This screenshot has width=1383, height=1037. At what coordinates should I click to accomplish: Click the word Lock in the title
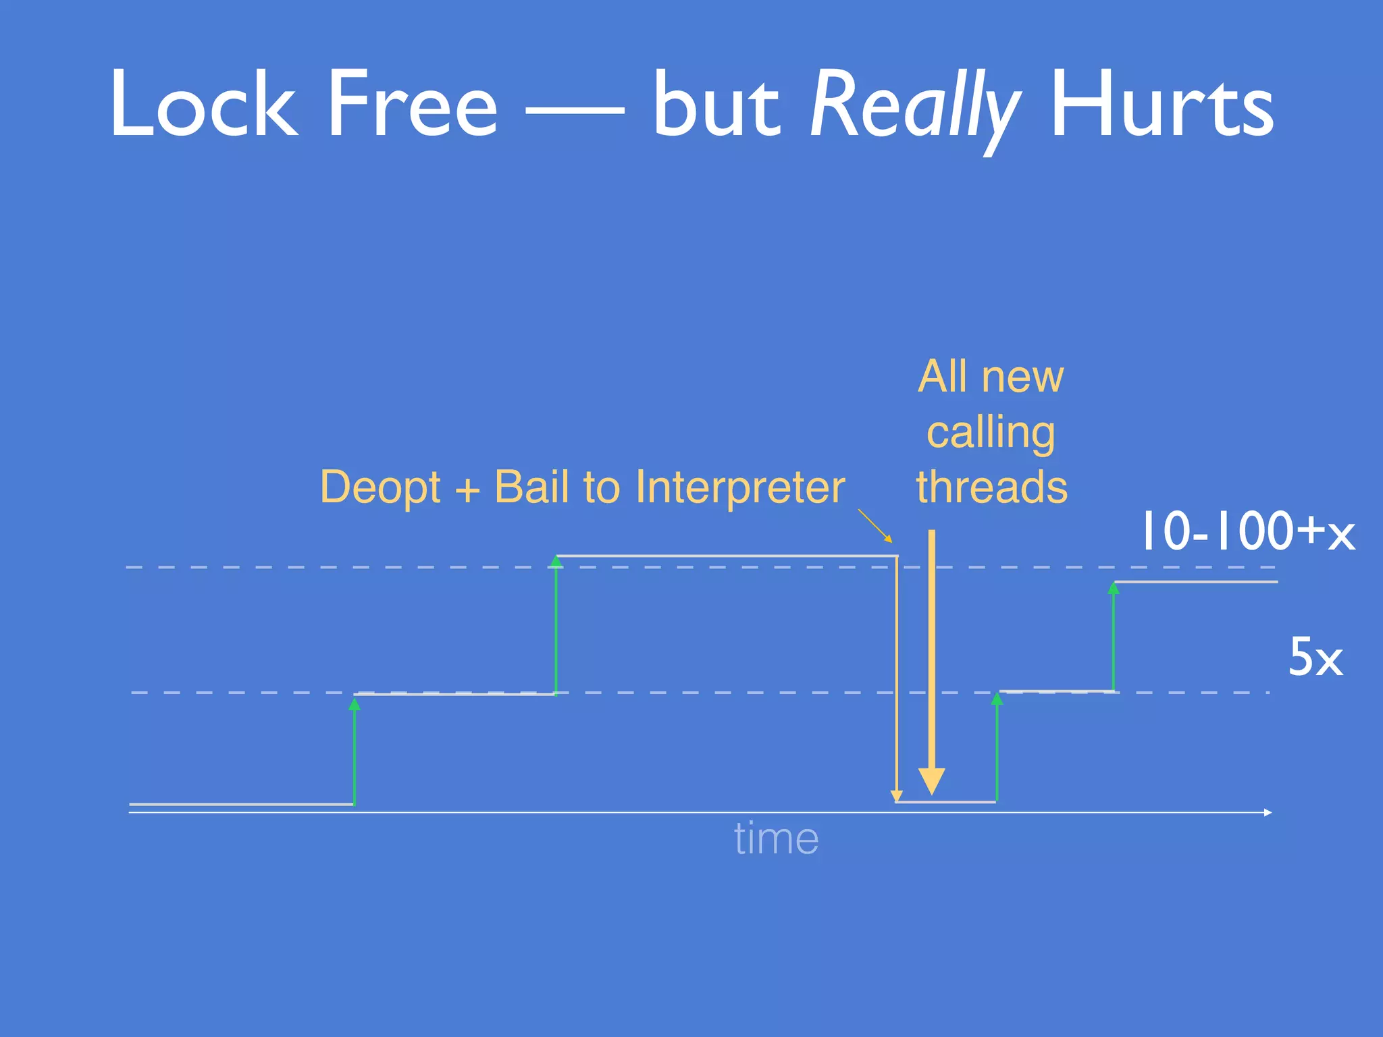pos(203,105)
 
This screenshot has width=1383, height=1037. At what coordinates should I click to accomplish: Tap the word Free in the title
pos(411,105)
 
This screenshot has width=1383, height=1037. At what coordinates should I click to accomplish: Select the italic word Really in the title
pos(914,108)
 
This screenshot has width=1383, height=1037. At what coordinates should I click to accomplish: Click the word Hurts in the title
pos(1162,105)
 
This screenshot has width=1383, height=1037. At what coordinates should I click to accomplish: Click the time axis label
pos(776,839)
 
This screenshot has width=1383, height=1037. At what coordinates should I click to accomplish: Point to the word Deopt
pos(380,488)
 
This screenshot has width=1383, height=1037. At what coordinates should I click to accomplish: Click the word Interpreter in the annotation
pos(740,487)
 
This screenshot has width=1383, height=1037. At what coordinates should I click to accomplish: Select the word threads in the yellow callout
pos(992,487)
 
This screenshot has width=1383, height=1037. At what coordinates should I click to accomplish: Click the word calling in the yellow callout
pos(991,433)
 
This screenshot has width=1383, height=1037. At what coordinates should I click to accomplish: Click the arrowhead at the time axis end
pos(1268,812)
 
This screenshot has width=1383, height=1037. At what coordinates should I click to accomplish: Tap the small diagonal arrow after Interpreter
pos(875,527)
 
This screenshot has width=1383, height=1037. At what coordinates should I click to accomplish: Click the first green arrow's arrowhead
pos(355,705)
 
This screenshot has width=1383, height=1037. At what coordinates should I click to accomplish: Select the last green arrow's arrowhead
pos(1114,589)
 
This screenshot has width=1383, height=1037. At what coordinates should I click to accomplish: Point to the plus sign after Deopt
pos(467,489)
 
